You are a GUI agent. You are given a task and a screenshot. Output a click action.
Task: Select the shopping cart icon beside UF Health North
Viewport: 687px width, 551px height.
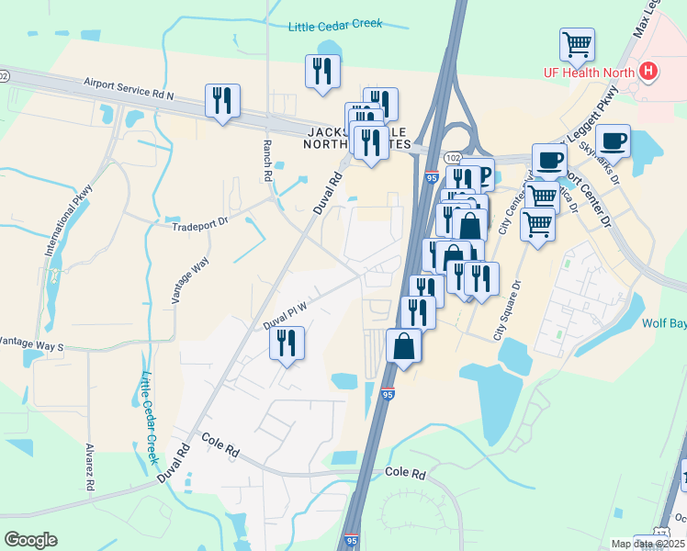[577, 43]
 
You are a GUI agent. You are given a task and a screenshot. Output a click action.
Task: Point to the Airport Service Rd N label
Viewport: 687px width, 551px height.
[129, 88]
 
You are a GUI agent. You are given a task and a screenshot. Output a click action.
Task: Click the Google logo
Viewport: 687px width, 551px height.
[30, 540]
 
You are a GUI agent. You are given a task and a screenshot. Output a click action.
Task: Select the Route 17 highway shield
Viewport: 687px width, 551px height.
[662, 534]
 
